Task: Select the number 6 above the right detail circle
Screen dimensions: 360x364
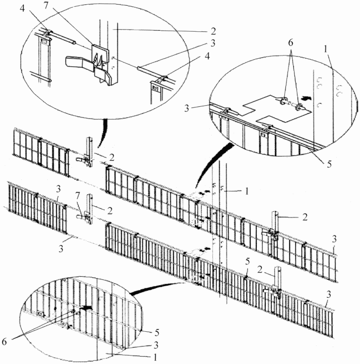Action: (x=291, y=43)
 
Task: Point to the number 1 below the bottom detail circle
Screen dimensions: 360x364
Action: (x=155, y=357)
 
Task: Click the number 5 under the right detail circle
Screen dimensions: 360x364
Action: (x=329, y=164)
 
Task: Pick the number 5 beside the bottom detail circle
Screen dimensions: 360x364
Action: (x=157, y=333)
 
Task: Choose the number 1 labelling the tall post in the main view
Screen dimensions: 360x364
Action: (x=247, y=192)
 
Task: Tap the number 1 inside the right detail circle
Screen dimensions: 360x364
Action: (x=326, y=49)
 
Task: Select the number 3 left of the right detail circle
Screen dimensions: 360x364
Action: (x=187, y=108)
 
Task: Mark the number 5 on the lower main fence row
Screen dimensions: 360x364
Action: (x=247, y=261)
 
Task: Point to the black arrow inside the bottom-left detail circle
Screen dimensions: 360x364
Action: (x=86, y=308)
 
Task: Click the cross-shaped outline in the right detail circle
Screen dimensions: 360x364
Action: (x=276, y=108)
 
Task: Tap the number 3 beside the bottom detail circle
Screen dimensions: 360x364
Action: (x=156, y=345)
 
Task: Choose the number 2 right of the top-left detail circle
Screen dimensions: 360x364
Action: (x=213, y=31)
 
